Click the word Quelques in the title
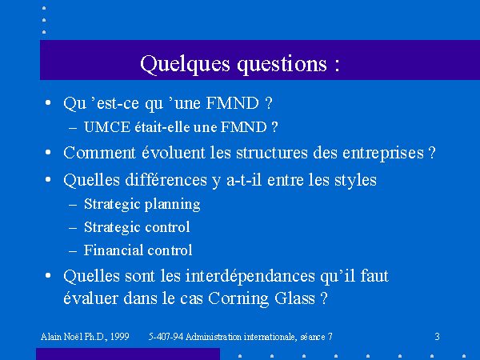click(x=185, y=65)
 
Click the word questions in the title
click(x=282, y=65)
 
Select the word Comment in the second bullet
click(x=99, y=153)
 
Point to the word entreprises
click(x=383, y=154)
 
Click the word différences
click(x=166, y=180)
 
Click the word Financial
click(x=111, y=250)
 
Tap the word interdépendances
click(x=250, y=276)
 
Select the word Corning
click(x=238, y=298)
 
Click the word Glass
click(x=294, y=298)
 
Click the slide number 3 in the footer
click(x=437, y=337)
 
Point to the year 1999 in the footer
click(x=119, y=337)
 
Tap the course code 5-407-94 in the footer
click(x=166, y=337)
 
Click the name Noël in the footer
click(x=73, y=337)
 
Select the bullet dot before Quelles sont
click(x=48, y=275)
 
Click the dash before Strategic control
click(x=73, y=228)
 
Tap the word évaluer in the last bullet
click(x=91, y=298)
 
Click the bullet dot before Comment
click(x=48, y=152)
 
